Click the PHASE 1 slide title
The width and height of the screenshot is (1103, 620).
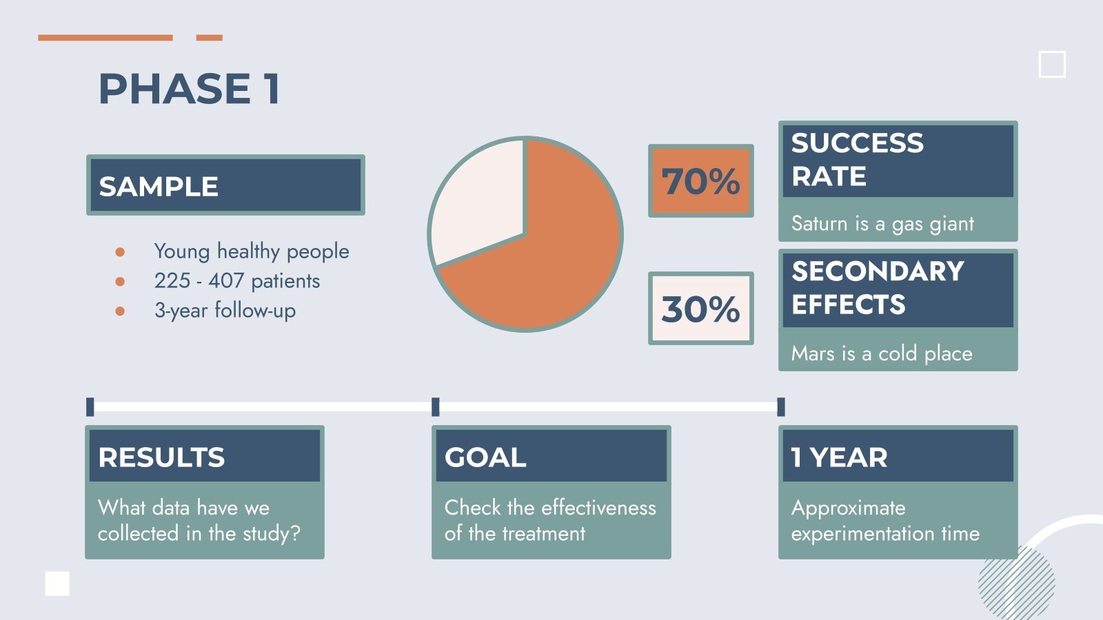[190, 89]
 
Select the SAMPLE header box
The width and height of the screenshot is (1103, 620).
[225, 185]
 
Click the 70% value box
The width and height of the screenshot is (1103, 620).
[700, 180]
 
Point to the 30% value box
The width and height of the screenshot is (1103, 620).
[700, 309]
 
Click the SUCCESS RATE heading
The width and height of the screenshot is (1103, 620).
[857, 160]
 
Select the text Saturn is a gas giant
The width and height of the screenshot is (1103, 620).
[882, 223]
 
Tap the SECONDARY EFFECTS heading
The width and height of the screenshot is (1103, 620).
[877, 288]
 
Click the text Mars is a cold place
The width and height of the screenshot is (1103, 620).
[881, 353]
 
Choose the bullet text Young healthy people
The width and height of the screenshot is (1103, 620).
[251, 251]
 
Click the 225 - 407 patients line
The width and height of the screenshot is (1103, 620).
[236, 280]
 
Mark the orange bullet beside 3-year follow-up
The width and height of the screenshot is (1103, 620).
[120, 311]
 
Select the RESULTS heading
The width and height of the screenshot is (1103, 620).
[161, 457]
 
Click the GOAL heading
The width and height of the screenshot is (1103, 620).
[485, 457]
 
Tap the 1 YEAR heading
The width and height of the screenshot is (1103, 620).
[839, 457]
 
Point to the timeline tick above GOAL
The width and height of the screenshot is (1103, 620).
[435, 406]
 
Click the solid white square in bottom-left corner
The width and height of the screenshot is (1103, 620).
[57, 583]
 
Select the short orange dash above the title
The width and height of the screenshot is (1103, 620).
[209, 37]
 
